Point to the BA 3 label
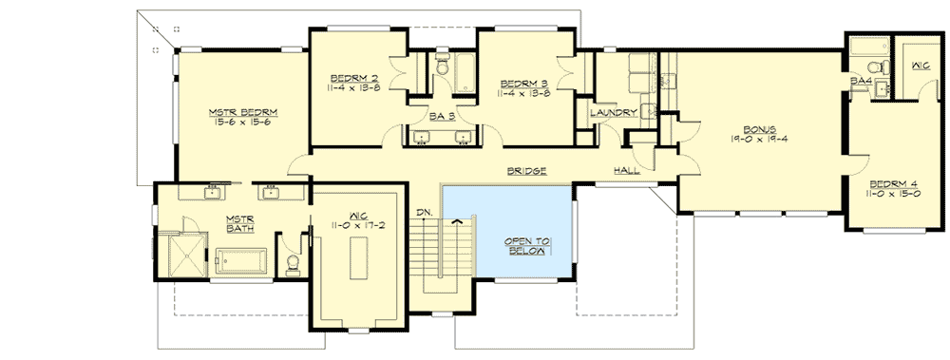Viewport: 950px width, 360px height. tap(441, 115)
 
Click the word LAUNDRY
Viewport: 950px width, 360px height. tap(612, 113)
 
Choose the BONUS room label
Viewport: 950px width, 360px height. tap(760, 128)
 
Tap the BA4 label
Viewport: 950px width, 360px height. tap(861, 82)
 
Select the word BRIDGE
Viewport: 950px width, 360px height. tap(526, 171)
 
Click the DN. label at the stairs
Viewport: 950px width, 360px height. tap(424, 211)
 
